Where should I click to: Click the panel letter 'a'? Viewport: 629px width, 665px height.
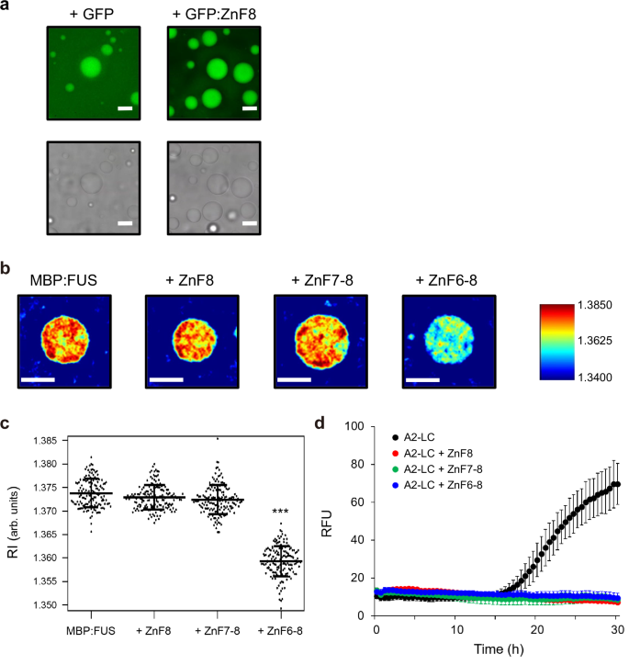click(x=6, y=7)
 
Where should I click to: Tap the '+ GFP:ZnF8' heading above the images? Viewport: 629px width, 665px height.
click(x=212, y=10)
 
